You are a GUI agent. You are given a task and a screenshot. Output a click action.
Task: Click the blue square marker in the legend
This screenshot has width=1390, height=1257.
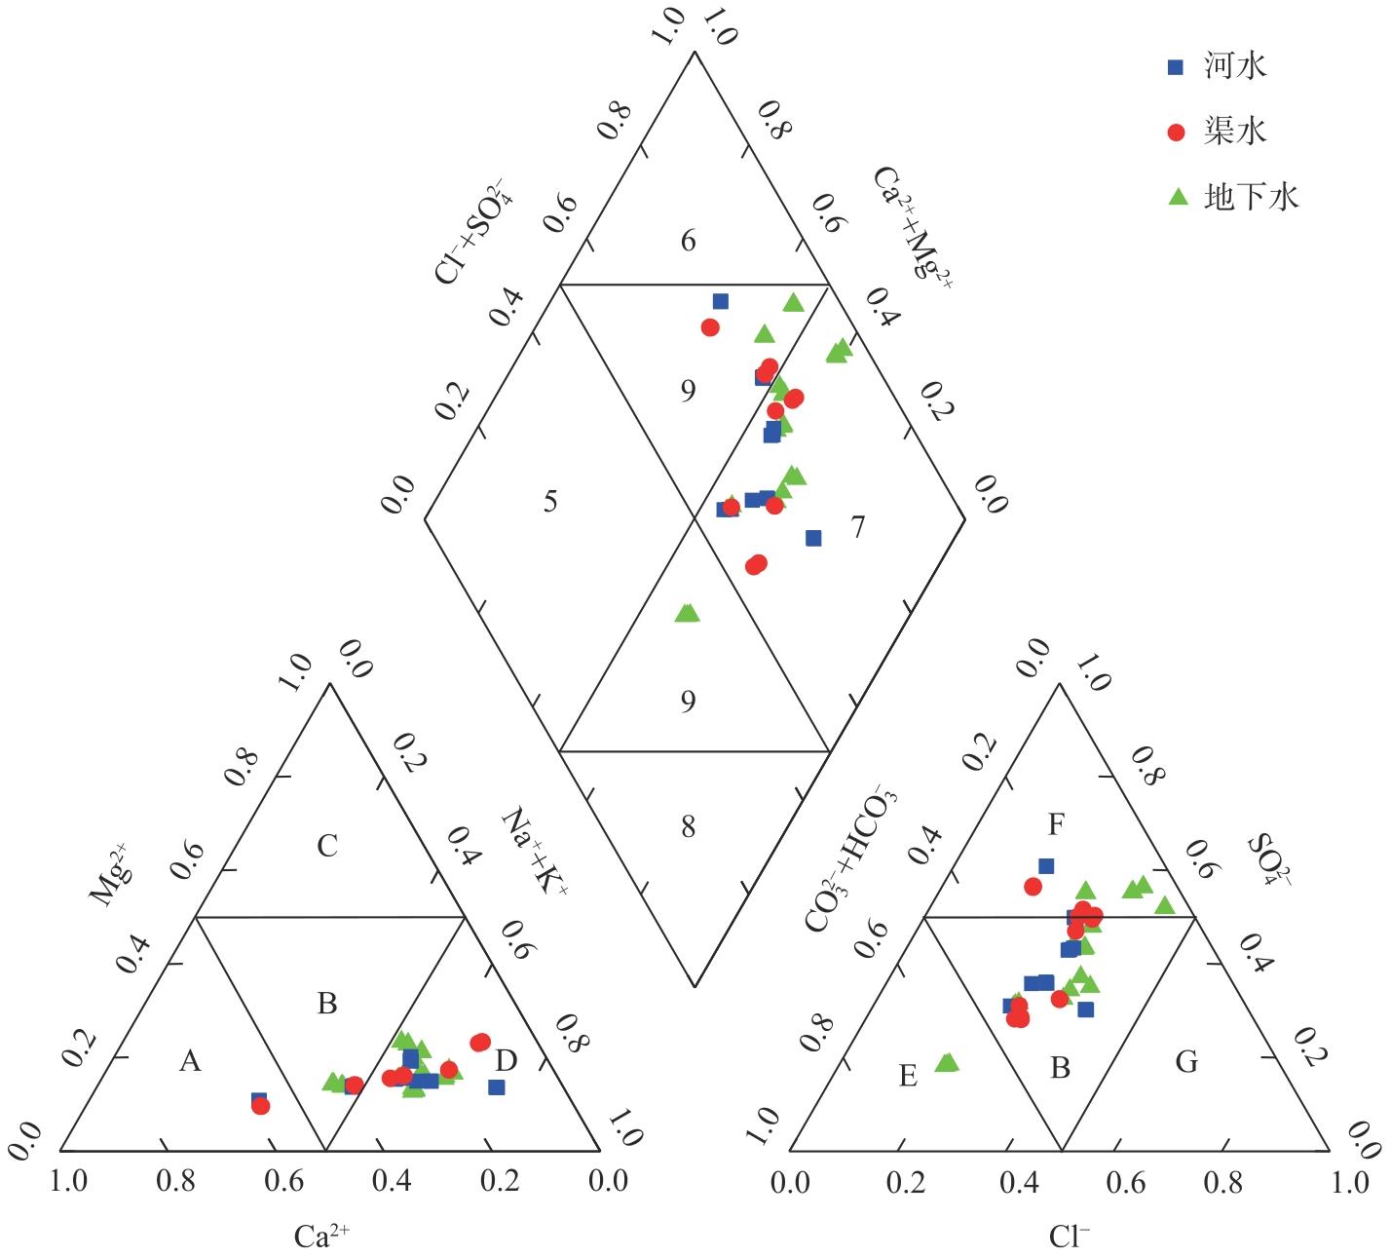coord(1176,67)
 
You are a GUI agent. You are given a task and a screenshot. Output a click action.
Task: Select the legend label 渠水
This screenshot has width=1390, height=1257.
coord(1234,131)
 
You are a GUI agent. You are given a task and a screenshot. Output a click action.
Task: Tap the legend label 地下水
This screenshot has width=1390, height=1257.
coord(1251,197)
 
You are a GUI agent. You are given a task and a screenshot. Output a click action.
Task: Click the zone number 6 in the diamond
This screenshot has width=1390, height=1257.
coord(689,241)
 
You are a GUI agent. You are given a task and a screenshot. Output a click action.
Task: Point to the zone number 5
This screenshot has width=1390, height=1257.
coord(550,502)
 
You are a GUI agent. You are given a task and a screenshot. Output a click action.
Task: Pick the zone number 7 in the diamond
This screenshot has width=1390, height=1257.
coord(857,527)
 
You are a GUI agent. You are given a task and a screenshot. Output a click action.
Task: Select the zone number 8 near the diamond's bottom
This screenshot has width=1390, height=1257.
coord(689,827)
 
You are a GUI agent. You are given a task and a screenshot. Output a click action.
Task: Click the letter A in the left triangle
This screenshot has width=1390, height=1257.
coord(190,1061)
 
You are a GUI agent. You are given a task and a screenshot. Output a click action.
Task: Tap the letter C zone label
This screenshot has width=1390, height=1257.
coord(327,845)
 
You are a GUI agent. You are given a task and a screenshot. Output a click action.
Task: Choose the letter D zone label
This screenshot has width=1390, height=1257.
coord(507,1060)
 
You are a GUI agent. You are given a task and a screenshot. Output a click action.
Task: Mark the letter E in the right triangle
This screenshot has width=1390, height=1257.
coord(908,1076)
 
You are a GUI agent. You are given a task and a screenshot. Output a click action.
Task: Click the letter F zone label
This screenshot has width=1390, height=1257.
coord(1056,826)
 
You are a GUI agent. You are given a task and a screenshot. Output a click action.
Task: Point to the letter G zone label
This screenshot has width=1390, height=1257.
coord(1186,1061)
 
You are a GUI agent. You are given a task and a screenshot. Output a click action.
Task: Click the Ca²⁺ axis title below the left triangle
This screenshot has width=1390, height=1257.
coord(322,1237)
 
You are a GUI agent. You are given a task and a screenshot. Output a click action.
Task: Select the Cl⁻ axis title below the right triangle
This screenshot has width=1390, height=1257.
coord(1069,1237)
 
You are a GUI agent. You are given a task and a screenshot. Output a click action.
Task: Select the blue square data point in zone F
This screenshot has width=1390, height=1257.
coord(1046,865)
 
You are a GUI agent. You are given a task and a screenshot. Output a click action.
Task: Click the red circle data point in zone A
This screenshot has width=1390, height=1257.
coord(260,1106)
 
